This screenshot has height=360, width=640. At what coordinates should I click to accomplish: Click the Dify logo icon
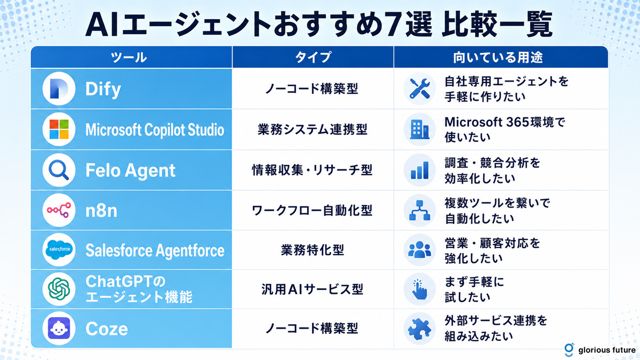coord(59,89)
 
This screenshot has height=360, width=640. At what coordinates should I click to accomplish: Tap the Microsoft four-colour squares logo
coord(59,129)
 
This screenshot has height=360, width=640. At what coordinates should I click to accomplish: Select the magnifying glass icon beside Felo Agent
coord(59,170)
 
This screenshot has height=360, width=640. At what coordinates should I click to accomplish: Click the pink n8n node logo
coord(59,210)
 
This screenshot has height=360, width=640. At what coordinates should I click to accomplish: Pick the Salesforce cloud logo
coord(59,250)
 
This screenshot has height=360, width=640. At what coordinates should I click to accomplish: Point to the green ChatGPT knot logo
coord(59,289)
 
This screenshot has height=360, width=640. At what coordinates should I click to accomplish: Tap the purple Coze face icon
coord(59,329)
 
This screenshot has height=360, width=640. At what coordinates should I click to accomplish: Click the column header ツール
coord(129,58)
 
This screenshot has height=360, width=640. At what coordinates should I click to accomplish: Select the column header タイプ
coord(313,57)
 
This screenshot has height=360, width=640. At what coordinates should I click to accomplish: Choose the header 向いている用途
coord(498,58)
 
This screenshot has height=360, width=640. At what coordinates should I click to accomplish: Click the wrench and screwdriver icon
coord(419,89)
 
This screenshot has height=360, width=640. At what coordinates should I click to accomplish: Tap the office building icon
coord(419,130)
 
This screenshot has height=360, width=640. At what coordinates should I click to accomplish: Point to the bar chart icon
coord(419,170)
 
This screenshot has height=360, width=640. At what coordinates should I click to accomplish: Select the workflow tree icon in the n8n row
coord(419,210)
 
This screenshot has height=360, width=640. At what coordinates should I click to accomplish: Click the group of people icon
coord(419,250)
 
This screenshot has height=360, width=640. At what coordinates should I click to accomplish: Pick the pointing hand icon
coord(420,290)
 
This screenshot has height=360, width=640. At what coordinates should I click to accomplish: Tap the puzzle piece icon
coord(419,329)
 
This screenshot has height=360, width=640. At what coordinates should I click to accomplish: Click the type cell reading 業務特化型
coord(313,250)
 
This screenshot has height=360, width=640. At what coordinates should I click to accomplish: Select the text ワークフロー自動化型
coord(312,210)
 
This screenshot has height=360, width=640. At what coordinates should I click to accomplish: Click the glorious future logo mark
coord(569,350)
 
